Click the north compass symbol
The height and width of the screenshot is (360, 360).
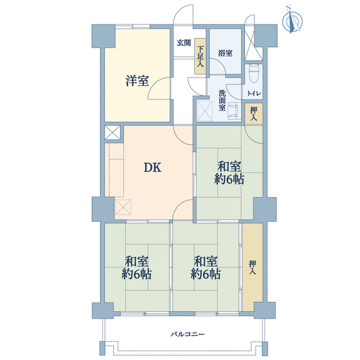click(x=292, y=21)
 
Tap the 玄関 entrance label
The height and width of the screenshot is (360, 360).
click(x=184, y=42)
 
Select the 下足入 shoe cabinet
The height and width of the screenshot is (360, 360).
click(x=200, y=56)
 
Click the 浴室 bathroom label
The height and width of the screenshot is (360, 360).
click(x=225, y=53)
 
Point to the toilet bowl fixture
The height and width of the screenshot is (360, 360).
click(x=254, y=73)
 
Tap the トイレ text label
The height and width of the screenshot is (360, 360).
click(x=254, y=94)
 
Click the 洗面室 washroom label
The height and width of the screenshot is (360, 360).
click(x=222, y=101)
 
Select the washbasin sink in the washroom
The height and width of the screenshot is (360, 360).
click(x=234, y=111)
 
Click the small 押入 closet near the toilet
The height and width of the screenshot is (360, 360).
click(x=254, y=114)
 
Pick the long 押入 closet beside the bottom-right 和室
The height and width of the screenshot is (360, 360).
click(x=252, y=267)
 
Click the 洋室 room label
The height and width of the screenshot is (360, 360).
click(x=137, y=81)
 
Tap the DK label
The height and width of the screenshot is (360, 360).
click(x=152, y=167)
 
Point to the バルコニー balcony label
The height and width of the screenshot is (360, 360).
click(x=187, y=334)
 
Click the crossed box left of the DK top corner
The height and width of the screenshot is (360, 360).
click(x=112, y=132)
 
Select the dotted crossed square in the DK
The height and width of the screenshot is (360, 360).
click(x=123, y=207)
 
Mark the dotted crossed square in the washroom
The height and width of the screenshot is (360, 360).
click(x=205, y=111)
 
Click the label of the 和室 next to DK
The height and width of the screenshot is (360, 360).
click(x=229, y=172)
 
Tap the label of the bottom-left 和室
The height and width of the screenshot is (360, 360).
click(x=136, y=267)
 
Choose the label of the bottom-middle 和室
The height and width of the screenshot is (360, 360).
click(x=206, y=267)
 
